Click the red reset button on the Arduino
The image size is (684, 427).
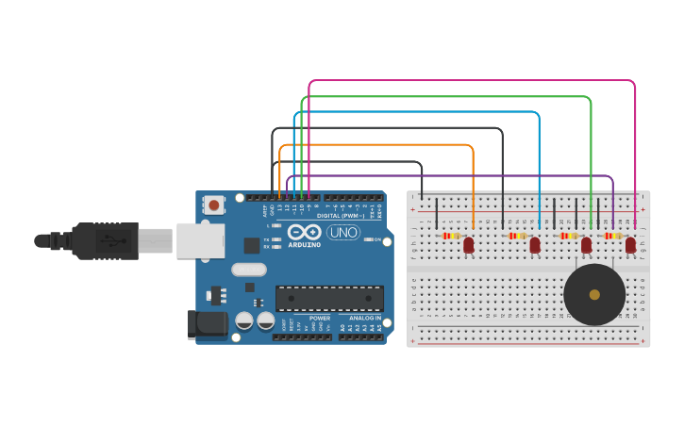pyautogui.click(x=214, y=205)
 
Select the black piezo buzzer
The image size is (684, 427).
pyautogui.click(x=593, y=294)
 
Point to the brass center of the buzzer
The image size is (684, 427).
pyautogui.click(x=593, y=294)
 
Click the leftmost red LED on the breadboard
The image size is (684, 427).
pyautogui.click(x=469, y=245)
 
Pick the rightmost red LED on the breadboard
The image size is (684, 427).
pyautogui.click(x=630, y=245)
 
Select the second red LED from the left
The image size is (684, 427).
pyautogui.click(x=535, y=245)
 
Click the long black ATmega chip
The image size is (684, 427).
pyautogui.click(x=329, y=298)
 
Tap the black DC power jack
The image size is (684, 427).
pyautogui.click(x=206, y=324)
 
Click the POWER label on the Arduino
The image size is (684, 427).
pyautogui.click(x=320, y=319)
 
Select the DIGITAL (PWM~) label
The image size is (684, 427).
pyautogui.click(x=342, y=215)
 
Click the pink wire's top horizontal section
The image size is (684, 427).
pyautogui.click(x=472, y=81)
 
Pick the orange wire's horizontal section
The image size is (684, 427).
pyautogui.click(x=377, y=145)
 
